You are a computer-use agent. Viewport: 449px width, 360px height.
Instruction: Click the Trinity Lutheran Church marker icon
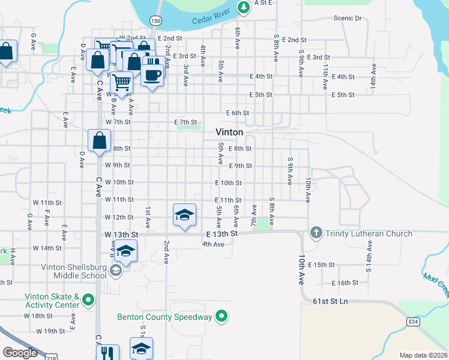[x=316, y=232]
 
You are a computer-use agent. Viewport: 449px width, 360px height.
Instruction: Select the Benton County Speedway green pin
[x=221, y=316]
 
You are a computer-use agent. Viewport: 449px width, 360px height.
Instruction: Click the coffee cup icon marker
[x=152, y=74]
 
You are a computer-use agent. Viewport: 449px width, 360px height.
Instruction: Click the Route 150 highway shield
[x=156, y=20]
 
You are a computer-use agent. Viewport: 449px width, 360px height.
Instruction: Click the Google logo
[x=20, y=352]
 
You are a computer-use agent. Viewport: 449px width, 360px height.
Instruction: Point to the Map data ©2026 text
[x=423, y=355]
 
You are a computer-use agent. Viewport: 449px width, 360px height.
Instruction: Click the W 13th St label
[x=121, y=233]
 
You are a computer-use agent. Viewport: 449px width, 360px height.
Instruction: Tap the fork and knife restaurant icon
[x=108, y=353]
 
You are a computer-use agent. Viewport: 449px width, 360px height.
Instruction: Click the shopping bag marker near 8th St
[x=99, y=141]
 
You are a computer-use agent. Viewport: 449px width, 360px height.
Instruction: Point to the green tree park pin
[x=243, y=7]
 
